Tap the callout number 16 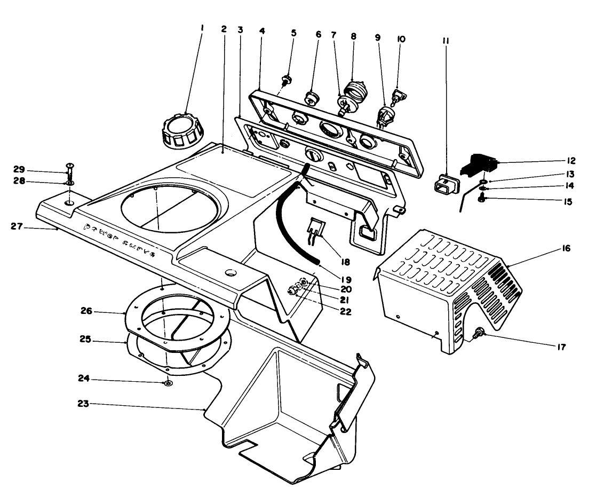pos(566,248)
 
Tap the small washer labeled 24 pos(168,383)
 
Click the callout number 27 pos(21,226)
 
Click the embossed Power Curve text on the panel pos(118,240)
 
